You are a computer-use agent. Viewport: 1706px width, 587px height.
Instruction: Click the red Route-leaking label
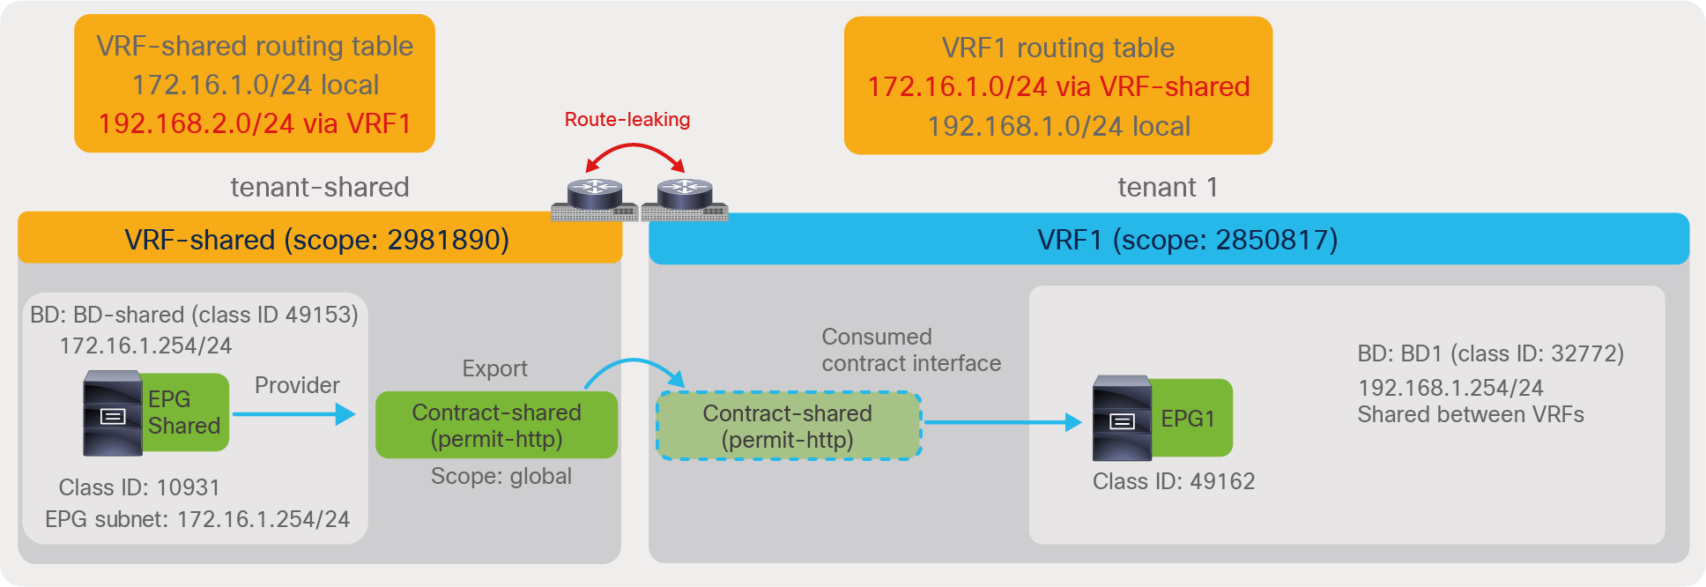pos(627,120)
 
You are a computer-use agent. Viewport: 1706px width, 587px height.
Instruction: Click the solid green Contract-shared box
pos(496,426)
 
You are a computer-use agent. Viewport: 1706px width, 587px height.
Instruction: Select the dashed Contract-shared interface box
pos(788,427)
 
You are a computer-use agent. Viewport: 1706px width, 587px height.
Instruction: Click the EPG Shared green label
pos(184,412)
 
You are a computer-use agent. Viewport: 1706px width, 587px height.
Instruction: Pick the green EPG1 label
pos(1190,418)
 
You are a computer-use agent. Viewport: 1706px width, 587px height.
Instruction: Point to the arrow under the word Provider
pos(293,414)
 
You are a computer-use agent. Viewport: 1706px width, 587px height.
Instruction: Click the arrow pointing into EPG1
pos(1002,422)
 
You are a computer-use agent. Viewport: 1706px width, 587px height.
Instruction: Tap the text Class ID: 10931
pos(139,487)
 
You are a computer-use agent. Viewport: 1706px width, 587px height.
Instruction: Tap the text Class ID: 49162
pos(1173,481)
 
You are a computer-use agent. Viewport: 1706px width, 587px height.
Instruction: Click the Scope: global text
pos(501,477)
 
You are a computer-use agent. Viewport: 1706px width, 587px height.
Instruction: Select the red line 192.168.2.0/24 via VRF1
pos(255,124)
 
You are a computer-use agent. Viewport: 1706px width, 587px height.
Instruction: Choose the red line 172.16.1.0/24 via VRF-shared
pos(1058,87)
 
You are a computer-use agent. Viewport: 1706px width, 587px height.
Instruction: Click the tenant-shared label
pos(319,187)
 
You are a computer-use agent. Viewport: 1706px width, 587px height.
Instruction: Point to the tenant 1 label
pos(1167,187)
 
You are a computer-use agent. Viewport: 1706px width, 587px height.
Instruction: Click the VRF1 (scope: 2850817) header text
pos(1187,240)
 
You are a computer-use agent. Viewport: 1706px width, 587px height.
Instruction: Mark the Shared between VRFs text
pos(1470,415)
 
